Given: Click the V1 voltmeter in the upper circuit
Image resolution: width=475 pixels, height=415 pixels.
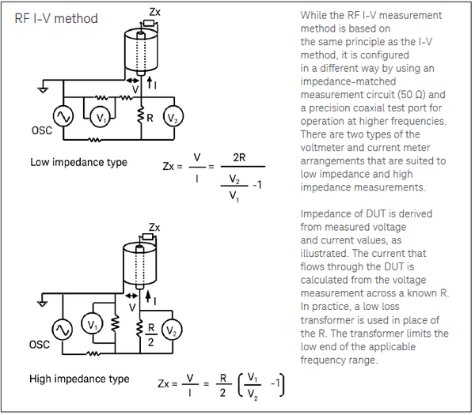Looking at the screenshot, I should pos(98,118).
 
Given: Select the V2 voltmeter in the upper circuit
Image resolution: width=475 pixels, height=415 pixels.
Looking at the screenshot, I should pos(172,118).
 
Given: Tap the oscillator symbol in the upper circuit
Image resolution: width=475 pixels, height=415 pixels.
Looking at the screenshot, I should pos(62,118).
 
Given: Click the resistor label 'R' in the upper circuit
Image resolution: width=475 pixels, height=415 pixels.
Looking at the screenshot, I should pos(148,118).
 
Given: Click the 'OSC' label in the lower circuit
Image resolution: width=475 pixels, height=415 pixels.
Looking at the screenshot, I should pos(40,345).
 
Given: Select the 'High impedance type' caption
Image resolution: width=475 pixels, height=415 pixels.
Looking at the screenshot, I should pos(79,379).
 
